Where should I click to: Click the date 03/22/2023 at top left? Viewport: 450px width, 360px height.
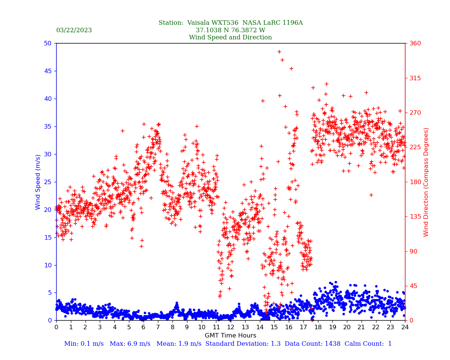[74, 30]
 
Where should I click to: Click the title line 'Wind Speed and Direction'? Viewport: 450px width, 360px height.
[230, 37]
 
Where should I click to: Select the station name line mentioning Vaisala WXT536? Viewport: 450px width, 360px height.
[230, 23]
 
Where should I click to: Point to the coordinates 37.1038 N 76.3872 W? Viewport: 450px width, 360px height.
[230, 30]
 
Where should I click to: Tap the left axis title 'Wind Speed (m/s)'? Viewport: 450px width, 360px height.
[38, 182]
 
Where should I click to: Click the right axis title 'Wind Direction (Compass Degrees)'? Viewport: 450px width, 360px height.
[426, 182]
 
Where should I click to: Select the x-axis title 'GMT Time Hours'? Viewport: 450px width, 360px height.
[230, 336]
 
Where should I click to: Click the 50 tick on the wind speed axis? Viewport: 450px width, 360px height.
[47, 43]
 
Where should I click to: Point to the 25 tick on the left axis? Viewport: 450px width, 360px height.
[47, 182]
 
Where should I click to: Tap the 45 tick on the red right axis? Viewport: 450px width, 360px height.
[413, 286]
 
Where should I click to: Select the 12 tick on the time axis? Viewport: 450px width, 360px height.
[231, 327]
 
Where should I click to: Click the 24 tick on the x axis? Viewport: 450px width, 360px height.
[405, 327]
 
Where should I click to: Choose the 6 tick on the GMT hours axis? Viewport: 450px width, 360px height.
[144, 327]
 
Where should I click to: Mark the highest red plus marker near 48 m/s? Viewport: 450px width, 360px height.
[279, 52]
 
